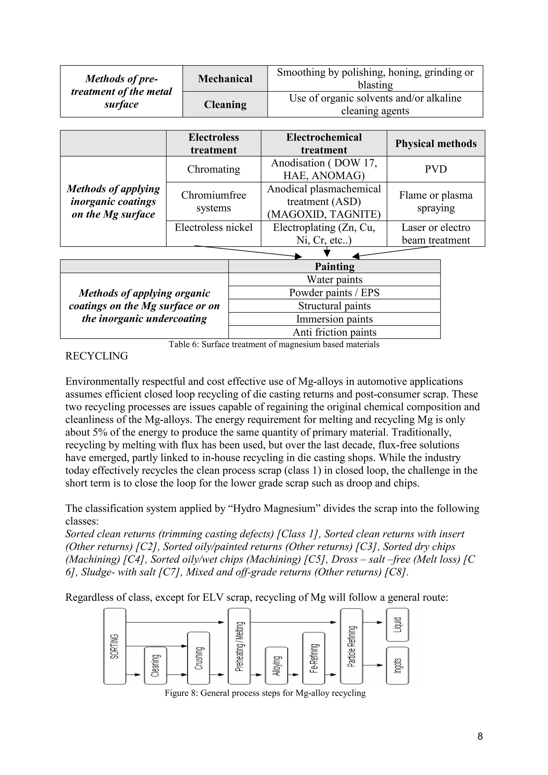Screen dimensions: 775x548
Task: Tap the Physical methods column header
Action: (x=436, y=143)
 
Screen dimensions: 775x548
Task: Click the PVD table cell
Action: (x=436, y=169)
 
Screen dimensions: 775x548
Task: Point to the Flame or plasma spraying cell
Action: (x=436, y=202)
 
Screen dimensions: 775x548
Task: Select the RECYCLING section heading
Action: (x=97, y=356)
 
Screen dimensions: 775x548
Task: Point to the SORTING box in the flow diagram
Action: (x=115, y=646)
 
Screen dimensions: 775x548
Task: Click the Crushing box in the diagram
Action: (x=199, y=658)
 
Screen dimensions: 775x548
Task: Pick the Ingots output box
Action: (x=397, y=665)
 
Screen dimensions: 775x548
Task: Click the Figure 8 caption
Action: (x=265, y=693)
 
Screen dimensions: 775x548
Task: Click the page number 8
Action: (x=480, y=736)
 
